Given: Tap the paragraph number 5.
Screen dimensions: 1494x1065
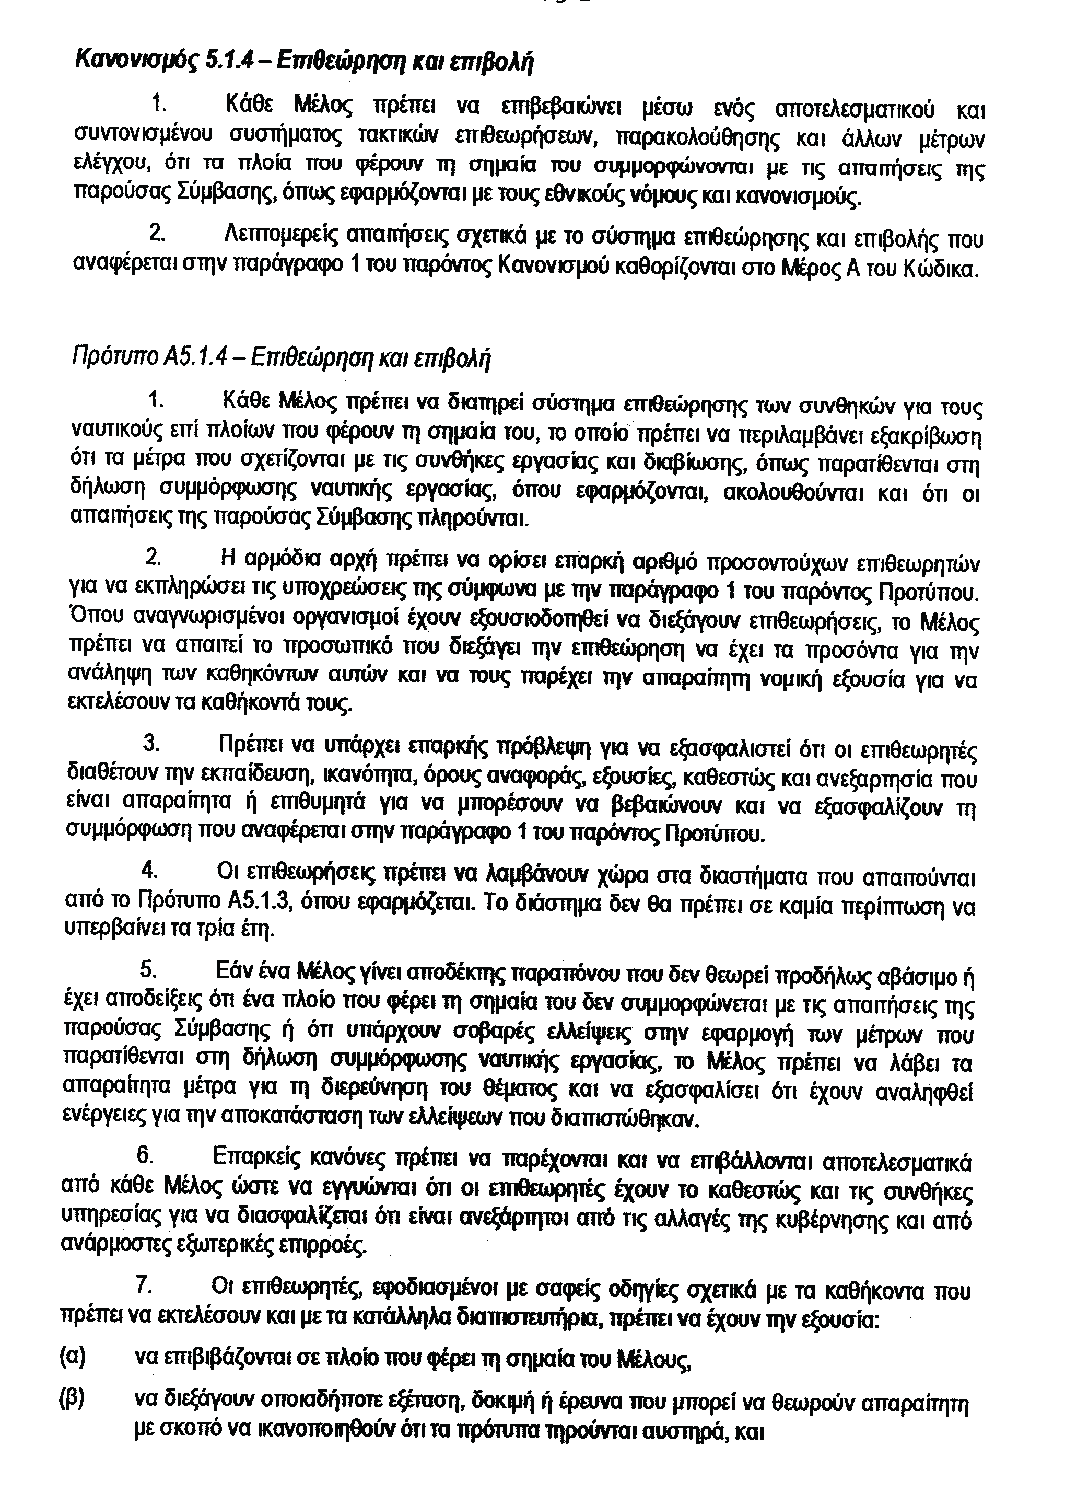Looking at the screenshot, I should point(149,970).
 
